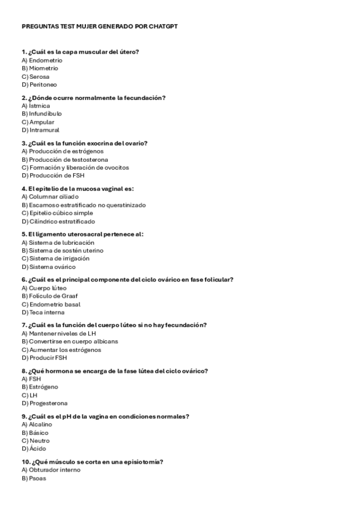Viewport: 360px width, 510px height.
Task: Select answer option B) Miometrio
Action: pyautogui.click(x=40, y=69)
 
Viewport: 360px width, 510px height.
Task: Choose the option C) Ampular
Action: pyautogui.click(x=38, y=122)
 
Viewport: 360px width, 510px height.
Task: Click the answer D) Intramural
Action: pyautogui.click(x=40, y=130)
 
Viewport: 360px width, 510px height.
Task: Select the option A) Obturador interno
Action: pyautogui.click(x=51, y=470)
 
